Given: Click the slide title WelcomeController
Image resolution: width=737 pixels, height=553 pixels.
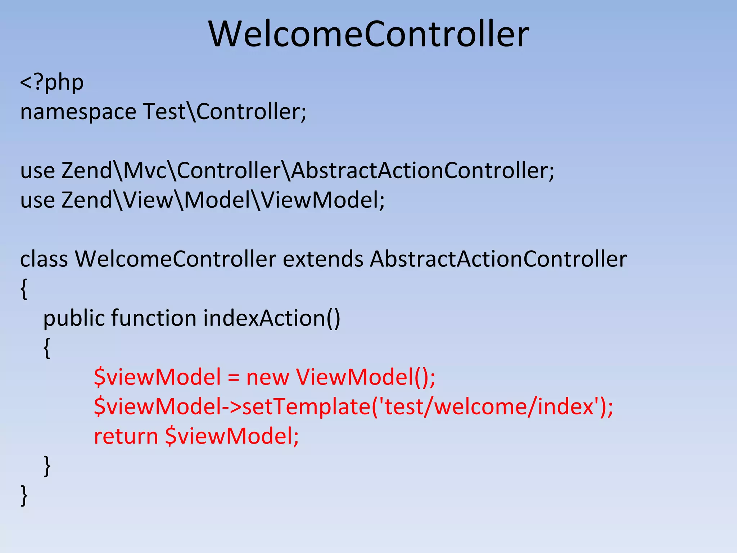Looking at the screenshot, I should click(368, 34).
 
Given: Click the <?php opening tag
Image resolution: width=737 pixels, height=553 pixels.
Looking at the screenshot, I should click(52, 82).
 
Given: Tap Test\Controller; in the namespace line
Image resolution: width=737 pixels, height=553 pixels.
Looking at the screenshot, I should click(225, 111).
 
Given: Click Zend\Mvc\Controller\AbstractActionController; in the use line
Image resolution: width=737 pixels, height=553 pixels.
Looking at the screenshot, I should click(308, 170).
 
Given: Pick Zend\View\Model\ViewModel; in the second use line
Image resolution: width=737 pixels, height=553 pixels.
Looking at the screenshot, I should click(223, 200).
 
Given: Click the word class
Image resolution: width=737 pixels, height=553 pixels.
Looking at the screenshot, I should click(44, 259).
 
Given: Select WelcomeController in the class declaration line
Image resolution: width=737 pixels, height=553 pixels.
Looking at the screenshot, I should click(176, 259).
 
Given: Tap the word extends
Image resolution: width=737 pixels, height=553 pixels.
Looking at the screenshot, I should click(323, 259).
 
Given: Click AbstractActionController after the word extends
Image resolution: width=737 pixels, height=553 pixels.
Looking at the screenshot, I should click(498, 259).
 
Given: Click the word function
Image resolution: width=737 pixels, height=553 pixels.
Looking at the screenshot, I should click(154, 318).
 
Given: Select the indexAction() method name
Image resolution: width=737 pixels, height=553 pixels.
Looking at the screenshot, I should click(272, 318).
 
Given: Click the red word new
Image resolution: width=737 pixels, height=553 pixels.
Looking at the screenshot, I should click(267, 378).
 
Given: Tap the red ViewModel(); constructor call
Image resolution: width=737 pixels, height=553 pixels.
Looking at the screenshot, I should click(366, 377).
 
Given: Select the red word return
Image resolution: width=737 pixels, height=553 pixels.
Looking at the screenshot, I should click(126, 436).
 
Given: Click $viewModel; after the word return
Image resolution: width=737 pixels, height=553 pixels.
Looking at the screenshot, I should click(232, 436).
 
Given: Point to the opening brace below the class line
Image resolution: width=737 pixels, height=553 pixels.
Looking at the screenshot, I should click(24, 289).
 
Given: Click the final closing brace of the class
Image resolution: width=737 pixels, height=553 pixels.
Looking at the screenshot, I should click(24, 495).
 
